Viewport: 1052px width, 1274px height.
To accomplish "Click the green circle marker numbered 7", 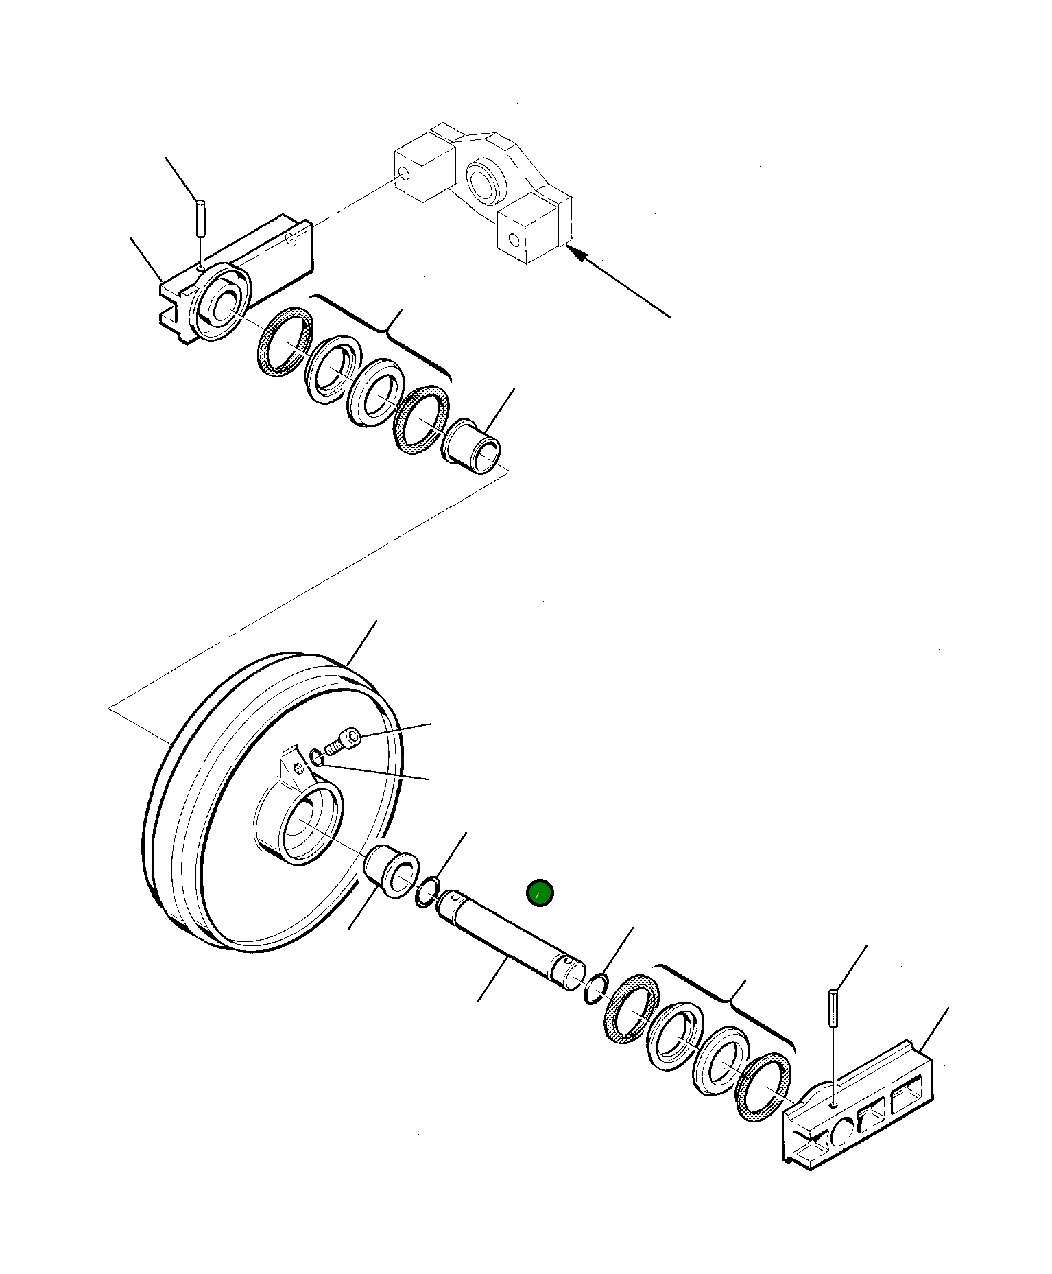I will [x=539, y=893].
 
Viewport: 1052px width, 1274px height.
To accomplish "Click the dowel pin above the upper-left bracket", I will [x=200, y=216].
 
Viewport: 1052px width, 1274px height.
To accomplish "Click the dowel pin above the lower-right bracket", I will [x=833, y=1007].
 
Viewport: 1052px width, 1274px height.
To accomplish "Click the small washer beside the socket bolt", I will [x=316, y=757].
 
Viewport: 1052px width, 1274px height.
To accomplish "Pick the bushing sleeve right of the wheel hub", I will [x=391, y=872].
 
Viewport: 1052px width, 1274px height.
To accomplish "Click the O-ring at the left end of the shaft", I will [x=428, y=892].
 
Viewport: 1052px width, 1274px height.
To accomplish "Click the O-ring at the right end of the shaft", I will [x=595, y=988].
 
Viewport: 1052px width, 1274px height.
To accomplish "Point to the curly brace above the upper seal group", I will [x=387, y=331].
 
